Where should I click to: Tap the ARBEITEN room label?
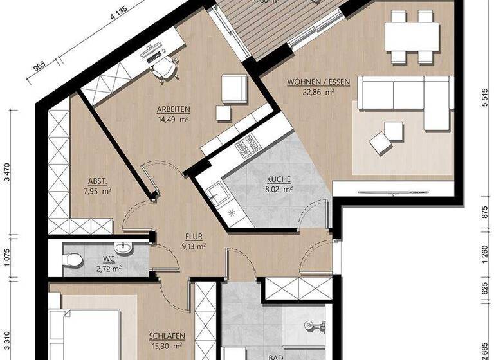click(x=172, y=109)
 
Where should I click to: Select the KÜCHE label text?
click(x=280, y=180)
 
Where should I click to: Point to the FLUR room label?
click(x=192, y=236)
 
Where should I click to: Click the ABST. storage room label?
click(x=98, y=181)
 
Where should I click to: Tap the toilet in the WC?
click(x=73, y=258)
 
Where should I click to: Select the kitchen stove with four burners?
click(x=247, y=149)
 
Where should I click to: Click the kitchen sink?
click(x=215, y=190)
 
